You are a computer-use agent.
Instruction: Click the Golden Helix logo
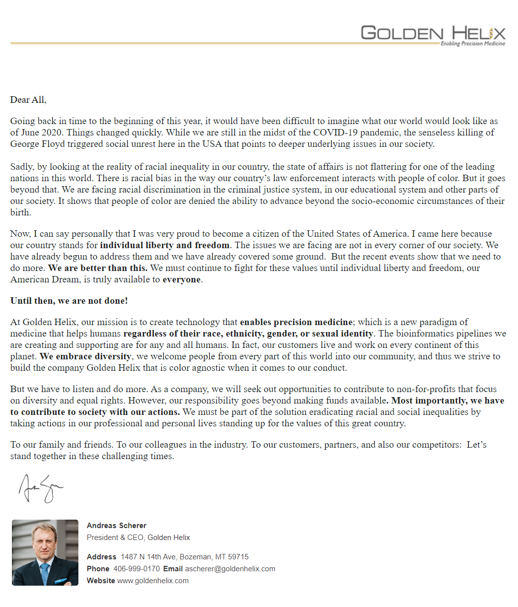433,33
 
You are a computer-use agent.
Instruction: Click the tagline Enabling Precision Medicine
472,44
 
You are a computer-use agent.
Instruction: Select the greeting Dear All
28,100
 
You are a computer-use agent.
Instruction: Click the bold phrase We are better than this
97,268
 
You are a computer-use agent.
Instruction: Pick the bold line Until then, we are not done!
69,301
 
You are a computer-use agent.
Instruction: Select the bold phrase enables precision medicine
296,322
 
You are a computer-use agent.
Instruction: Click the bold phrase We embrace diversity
85,356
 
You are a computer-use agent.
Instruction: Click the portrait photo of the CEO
45,552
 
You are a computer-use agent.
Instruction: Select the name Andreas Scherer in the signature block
117,526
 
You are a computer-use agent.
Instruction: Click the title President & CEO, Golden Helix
138,538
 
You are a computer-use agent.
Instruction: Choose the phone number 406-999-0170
136,569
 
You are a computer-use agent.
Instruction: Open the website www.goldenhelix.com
153,581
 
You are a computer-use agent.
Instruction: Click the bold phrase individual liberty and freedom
165,245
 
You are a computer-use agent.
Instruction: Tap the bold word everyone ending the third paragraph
182,279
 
